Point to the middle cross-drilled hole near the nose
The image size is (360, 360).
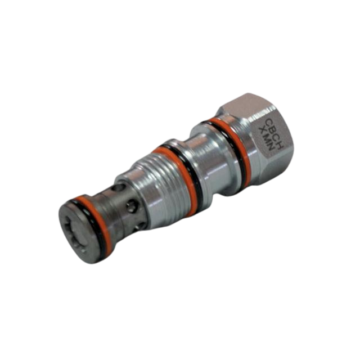coord(132,206)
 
